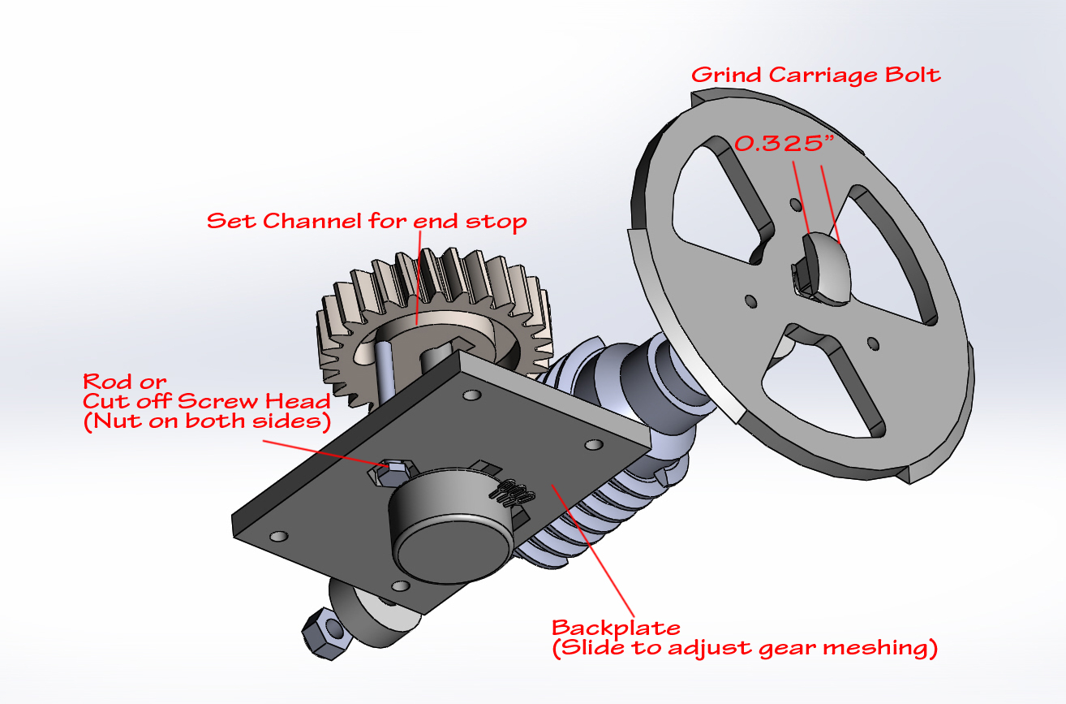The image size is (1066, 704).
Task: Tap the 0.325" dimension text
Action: coord(784,144)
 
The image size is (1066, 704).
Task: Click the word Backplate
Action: coord(616,628)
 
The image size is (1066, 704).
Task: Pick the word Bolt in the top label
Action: coord(913,75)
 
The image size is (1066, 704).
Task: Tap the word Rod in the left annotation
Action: coord(105,382)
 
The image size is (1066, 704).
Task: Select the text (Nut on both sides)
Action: coord(207,421)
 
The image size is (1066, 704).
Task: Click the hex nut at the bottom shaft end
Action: coord(328,633)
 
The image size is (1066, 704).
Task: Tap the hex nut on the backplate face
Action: coord(390,472)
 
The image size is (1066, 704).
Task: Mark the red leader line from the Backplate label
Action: coord(593,551)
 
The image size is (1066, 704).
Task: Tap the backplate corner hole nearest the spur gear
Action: coord(471,395)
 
